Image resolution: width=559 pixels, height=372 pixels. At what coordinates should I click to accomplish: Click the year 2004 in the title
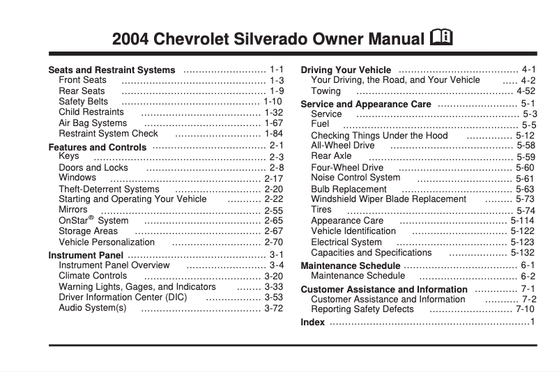(x=130, y=39)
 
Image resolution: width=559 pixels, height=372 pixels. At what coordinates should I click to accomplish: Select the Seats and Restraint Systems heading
(x=112, y=70)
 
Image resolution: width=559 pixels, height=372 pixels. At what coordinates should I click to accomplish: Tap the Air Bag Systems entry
(x=93, y=123)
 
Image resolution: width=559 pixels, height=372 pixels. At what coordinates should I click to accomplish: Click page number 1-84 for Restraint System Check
(x=273, y=134)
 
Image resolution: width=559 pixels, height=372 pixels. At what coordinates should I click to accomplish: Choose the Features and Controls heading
(x=98, y=148)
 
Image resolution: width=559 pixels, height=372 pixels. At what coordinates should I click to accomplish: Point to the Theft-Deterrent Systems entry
(x=109, y=189)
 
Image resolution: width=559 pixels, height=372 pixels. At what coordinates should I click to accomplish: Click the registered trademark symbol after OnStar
(x=90, y=217)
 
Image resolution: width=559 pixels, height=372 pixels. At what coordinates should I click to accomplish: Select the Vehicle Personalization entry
(x=107, y=242)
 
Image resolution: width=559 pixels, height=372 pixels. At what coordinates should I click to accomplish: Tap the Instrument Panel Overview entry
(x=114, y=265)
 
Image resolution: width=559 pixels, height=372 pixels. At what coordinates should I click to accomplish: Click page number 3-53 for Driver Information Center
(x=273, y=297)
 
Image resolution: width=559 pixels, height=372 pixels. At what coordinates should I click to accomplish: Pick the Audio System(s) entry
(x=93, y=308)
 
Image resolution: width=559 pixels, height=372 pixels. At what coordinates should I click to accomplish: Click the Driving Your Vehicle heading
(x=346, y=70)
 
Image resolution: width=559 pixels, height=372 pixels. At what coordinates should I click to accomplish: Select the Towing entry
(x=326, y=91)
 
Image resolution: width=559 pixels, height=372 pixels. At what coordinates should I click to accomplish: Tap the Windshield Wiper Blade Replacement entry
(x=388, y=199)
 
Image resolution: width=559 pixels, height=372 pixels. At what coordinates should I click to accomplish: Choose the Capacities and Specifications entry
(x=372, y=253)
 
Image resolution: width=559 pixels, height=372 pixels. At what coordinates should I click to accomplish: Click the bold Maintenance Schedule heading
(x=350, y=266)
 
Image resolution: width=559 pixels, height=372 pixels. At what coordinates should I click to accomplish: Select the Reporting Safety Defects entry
(x=362, y=309)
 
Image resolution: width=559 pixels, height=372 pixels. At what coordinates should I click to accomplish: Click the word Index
(x=312, y=323)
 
